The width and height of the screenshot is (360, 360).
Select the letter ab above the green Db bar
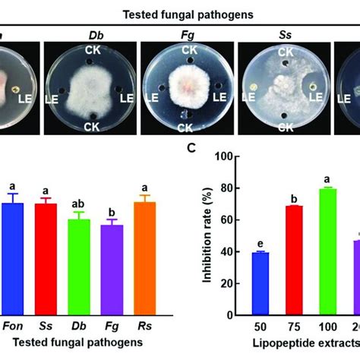click(x=80, y=204)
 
